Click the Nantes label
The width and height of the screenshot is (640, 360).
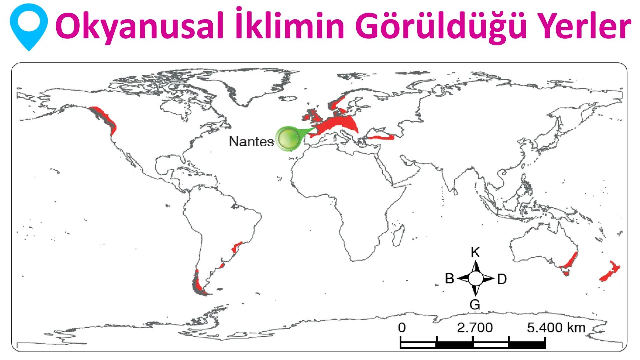251,142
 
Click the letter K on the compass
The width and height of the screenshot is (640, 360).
475,253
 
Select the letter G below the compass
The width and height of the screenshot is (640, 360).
475,304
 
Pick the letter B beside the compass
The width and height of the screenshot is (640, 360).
450,279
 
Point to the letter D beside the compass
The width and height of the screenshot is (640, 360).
502,279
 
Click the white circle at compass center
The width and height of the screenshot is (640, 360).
476,279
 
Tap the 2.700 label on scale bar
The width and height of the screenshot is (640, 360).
475,328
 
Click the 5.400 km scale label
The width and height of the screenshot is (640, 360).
556,328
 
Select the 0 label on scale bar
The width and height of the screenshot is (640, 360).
402,328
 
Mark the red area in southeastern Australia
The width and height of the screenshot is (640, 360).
571,261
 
